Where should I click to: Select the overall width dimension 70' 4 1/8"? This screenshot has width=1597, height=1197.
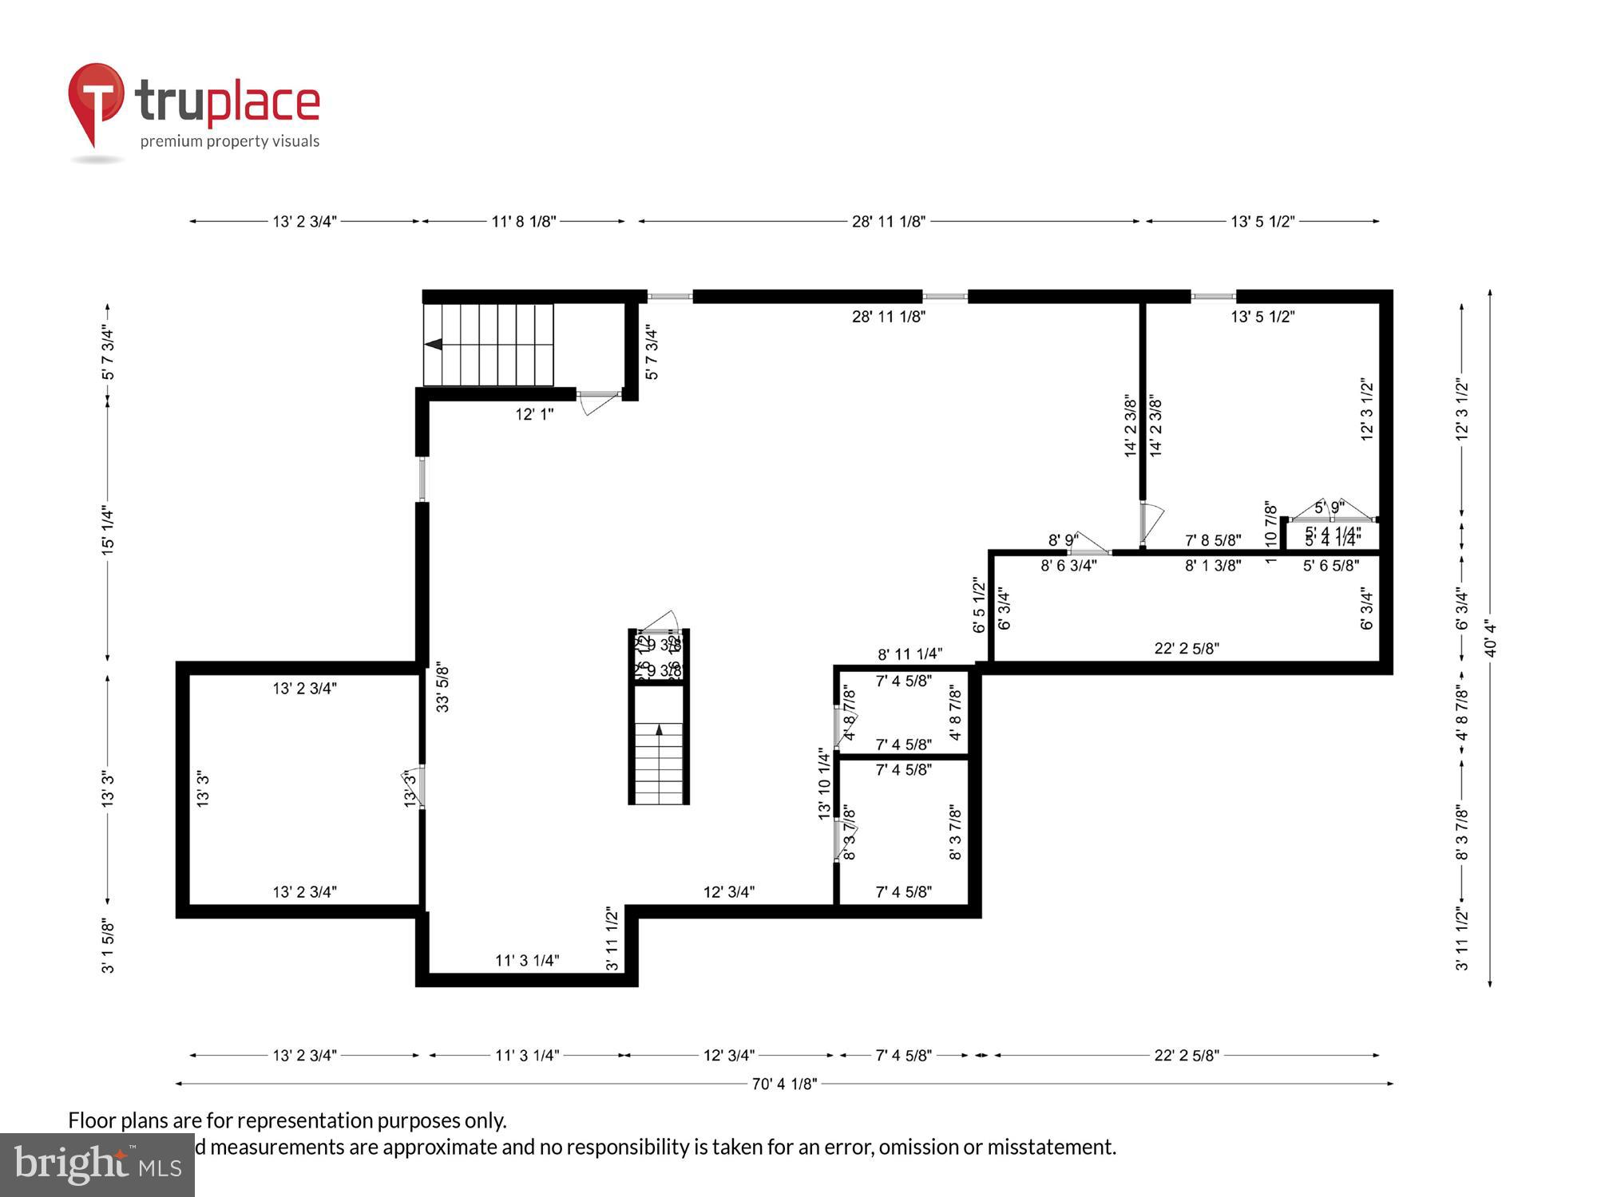[784, 1084]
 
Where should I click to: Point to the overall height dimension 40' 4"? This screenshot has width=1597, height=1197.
[1490, 638]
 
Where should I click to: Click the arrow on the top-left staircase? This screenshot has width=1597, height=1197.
[434, 345]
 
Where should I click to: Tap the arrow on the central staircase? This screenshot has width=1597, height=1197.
[659, 729]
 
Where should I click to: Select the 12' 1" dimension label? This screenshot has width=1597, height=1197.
[534, 414]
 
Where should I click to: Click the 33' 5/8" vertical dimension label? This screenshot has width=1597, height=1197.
[442, 686]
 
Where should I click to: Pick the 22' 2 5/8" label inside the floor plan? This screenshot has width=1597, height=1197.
[1187, 649]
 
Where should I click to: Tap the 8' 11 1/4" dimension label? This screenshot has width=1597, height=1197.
[909, 654]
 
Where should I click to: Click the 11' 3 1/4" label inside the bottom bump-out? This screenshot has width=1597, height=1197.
[527, 961]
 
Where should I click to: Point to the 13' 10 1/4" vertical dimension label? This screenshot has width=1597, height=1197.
[824, 784]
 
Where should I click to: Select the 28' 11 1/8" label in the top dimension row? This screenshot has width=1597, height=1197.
[888, 222]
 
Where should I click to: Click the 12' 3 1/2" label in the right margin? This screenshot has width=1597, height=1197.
[1462, 409]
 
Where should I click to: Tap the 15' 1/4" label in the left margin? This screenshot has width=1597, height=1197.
[108, 531]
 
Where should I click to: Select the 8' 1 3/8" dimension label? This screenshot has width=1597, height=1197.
[1212, 566]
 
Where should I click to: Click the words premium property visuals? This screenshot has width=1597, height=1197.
[230, 141]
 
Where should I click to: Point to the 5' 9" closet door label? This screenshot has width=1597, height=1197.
[1330, 507]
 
